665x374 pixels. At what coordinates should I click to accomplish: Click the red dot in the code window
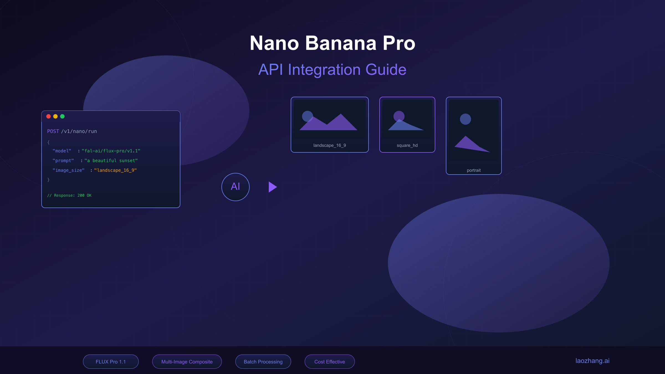tap(48, 116)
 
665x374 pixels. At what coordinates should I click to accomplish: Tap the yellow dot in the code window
tap(55, 116)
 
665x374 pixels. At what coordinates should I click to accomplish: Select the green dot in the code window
tap(62, 116)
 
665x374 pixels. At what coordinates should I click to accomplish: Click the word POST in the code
tap(53, 131)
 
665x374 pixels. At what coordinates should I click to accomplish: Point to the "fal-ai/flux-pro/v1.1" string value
tap(111, 151)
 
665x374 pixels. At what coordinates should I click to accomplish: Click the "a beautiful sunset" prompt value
tap(111, 161)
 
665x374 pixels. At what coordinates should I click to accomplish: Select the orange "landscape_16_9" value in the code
tap(115, 170)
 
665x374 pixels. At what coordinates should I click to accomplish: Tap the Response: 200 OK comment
tap(69, 196)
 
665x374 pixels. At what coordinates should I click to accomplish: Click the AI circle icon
tap(236, 187)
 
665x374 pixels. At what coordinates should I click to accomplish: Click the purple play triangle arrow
tap(272, 187)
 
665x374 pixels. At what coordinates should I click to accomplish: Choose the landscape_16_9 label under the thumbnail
tap(329, 145)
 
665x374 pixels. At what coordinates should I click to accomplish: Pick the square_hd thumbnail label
tap(407, 145)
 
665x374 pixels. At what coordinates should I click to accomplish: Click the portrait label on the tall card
tap(474, 170)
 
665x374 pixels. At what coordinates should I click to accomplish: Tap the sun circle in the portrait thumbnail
tap(465, 119)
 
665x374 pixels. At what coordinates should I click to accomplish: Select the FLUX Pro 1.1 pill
tap(111, 362)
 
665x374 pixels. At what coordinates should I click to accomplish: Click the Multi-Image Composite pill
tap(187, 362)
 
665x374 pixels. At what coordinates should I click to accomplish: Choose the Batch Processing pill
tap(263, 362)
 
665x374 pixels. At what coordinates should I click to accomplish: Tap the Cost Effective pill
tap(330, 362)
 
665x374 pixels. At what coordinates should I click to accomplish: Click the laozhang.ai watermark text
tap(592, 361)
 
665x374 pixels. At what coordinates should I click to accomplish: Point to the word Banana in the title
tap(341, 43)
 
